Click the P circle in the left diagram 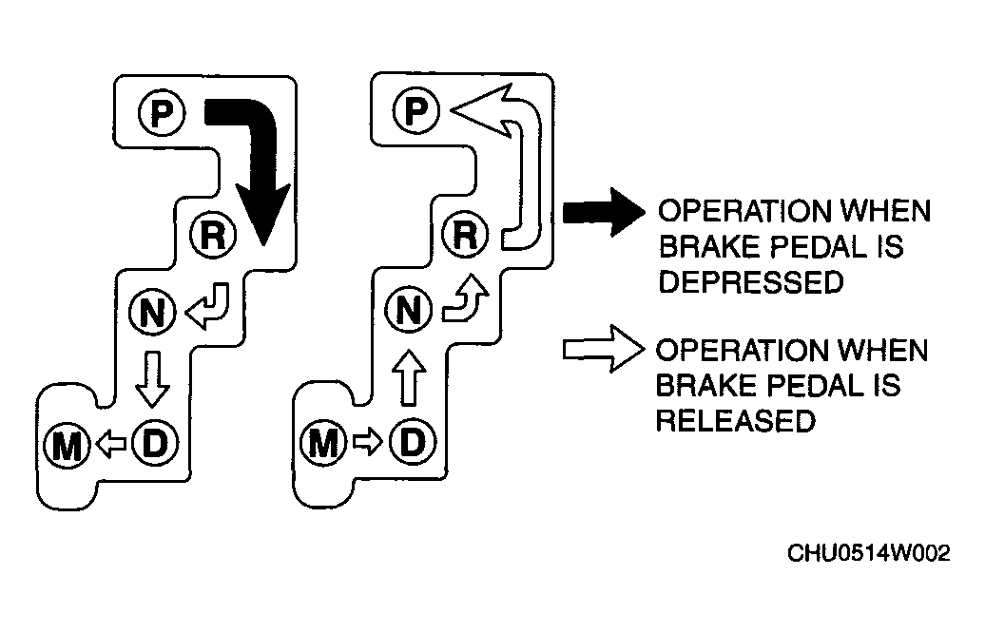coord(162,112)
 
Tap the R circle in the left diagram coord(213,236)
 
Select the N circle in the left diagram coord(153,312)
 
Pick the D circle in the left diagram coord(155,443)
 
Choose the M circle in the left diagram coord(68,445)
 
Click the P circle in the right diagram coord(415,110)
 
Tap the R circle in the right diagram coord(465,235)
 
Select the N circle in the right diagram coord(409,310)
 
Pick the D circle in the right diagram coord(412,442)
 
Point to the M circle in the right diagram coord(323,443)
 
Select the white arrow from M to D coord(368,442)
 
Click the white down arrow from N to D coord(152,379)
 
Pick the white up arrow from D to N coord(409,376)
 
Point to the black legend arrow coord(604,212)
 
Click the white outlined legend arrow coord(604,349)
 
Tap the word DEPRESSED coord(751,282)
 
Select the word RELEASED coord(736,420)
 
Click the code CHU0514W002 coord(869,553)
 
